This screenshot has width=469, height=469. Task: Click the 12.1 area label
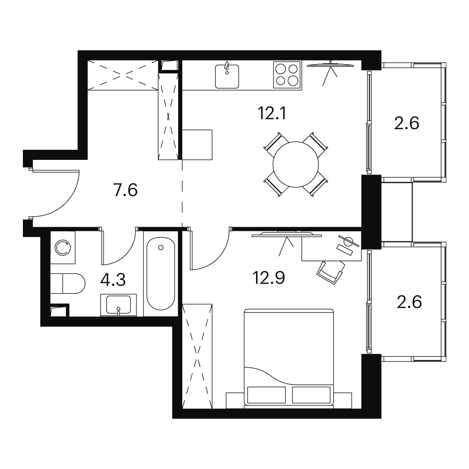272,114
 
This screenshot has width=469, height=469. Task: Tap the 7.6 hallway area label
125,190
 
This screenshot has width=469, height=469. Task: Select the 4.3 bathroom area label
113,280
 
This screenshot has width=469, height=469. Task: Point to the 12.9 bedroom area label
268,278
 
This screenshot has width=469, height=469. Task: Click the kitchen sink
227,76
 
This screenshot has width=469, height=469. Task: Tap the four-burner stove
287,75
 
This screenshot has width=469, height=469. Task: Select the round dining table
295,164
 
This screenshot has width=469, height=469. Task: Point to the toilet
68,283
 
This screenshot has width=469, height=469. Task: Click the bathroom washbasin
119,305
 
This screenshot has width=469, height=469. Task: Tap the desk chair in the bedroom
331,272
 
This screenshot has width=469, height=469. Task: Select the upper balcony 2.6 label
407,123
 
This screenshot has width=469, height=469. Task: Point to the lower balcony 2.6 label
409,302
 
